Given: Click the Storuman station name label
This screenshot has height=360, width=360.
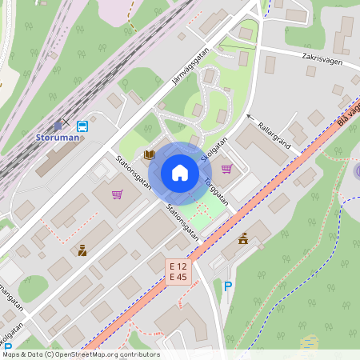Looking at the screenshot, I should (58, 137).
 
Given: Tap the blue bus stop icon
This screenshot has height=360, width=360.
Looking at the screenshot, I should (82, 126).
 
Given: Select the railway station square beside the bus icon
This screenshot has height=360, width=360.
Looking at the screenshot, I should (58, 126).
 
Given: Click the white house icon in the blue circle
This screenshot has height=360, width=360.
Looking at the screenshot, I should (179, 173).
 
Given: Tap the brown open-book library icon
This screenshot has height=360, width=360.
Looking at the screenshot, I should (149, 154).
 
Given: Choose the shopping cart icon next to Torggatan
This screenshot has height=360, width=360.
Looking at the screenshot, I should (226, 169).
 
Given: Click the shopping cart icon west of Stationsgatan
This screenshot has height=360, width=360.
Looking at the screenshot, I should (117, 194).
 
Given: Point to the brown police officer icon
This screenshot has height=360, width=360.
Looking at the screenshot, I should (82, 250).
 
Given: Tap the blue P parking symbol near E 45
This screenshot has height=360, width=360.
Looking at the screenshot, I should (228, 286).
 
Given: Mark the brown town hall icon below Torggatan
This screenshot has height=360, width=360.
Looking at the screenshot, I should (243, 238).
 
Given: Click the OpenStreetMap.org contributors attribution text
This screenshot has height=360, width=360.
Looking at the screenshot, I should (109, 354).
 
